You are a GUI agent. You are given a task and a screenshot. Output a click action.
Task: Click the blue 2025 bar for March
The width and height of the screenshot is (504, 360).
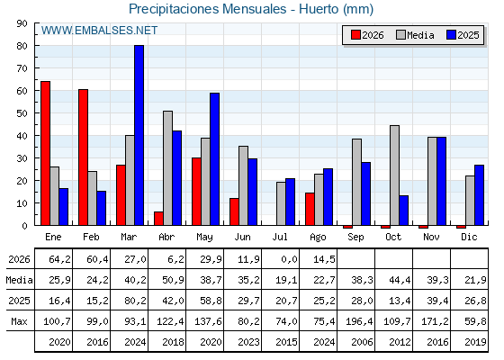point(139,135)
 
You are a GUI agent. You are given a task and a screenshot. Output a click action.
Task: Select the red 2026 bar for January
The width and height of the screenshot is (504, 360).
point(45,153)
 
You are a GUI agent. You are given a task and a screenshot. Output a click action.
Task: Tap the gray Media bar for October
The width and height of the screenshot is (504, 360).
point(394,175)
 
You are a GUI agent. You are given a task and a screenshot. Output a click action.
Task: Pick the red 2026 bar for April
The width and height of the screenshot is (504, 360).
point(158,219)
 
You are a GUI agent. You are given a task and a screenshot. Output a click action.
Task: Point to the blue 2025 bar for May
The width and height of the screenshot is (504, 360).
point(215,159)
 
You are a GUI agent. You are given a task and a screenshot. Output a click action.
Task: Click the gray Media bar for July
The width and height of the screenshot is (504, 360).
point(281,203)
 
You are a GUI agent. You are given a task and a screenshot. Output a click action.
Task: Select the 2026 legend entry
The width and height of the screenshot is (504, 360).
point(367,35)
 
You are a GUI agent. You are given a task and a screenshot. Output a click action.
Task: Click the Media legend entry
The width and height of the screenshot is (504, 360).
point(415,35)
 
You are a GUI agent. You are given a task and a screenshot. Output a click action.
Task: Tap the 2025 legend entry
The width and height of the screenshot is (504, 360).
point(463,35)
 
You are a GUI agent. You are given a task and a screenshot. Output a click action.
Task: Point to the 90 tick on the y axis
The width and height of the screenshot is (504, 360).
point(22,23)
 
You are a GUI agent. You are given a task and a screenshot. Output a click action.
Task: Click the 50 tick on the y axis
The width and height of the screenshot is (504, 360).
point(22,113)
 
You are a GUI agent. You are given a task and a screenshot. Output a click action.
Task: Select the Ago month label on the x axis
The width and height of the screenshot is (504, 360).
point(318,238)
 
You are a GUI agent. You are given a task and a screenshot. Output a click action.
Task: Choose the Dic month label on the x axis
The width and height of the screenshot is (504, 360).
point(469,237)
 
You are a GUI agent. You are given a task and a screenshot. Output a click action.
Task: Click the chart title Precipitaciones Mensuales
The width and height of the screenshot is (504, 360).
point(207,9)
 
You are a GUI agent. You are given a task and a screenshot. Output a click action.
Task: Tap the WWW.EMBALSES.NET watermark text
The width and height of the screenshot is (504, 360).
point(99,31)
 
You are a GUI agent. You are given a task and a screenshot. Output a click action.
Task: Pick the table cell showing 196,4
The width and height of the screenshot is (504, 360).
point(359,321)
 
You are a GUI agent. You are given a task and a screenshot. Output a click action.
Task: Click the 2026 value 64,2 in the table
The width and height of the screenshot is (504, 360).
point(59,259)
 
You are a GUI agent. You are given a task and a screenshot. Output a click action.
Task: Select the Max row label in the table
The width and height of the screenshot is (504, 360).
point(19,321)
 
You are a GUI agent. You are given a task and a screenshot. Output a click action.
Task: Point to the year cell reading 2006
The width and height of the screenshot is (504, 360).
point(362,342)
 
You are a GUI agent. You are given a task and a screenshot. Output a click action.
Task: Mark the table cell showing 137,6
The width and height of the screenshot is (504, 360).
point(208,321)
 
